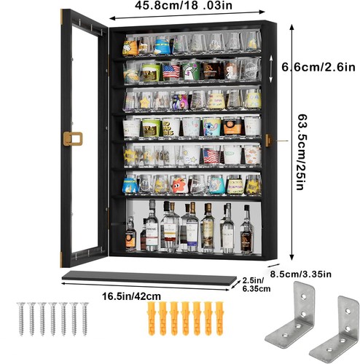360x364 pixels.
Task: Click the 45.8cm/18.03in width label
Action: coord(184,5)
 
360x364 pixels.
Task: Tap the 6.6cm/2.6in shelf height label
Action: coord(318,67)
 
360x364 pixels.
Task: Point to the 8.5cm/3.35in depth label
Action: coord(301,274)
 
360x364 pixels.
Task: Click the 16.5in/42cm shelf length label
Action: coord(131,296)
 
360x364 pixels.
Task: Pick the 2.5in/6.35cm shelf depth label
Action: coord(257,285)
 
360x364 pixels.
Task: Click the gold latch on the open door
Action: coord(73,139)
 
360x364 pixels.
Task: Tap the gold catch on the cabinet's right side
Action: coord(268,141)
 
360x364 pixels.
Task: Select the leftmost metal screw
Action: coord(21,319)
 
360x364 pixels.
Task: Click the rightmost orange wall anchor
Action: coord(219,318)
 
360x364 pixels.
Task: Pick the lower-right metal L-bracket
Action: coord(334,330)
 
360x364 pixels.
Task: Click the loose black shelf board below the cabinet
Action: coord(149,278)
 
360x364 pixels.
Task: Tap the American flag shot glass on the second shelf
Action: coord(171,72)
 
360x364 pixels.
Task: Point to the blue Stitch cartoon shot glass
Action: coord(212,127)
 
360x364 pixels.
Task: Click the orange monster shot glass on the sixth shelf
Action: coord(179,185)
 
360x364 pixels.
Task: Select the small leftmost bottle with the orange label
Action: coord(130,234)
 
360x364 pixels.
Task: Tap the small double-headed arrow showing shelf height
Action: coord(271,68)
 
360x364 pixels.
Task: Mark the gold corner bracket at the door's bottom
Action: coord(61,260)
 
